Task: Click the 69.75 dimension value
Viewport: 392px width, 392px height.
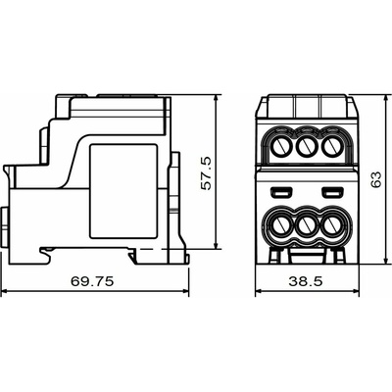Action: pos(92,281)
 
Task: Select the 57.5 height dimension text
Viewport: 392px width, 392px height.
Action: pos(207,173)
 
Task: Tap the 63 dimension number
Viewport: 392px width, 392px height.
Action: pos(376,179)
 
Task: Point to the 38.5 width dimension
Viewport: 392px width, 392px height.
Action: pos(306,281)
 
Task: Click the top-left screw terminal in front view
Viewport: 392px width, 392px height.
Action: pos(280,147)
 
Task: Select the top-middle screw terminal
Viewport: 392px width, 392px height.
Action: pos(306,146)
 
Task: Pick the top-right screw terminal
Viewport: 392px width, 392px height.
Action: pos(331,146)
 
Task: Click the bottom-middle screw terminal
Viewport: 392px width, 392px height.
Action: pos(306,226)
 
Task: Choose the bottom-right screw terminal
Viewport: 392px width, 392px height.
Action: pos(331,226)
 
